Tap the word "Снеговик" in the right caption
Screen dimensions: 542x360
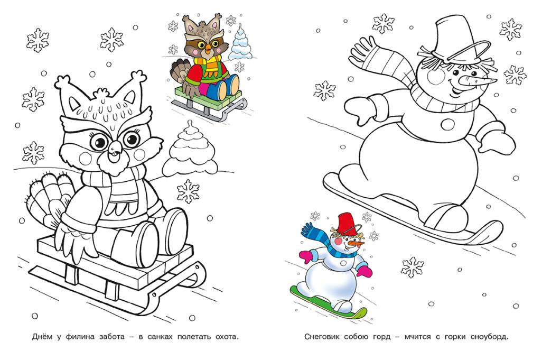322,336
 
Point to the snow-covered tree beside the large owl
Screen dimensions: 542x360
190,148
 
